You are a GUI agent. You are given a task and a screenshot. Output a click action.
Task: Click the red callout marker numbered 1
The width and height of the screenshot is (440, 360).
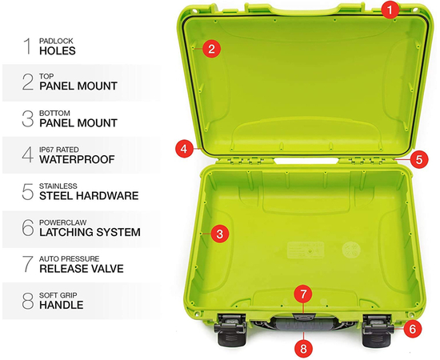[x=389, y=10]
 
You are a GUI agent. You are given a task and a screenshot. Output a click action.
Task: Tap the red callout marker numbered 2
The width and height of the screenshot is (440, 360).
[x=211, y=48]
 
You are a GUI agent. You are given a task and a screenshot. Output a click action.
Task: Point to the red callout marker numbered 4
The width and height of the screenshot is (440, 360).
[x=183, y=149]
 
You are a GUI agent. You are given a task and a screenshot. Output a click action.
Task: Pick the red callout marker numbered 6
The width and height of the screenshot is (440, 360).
[x=411, y=328]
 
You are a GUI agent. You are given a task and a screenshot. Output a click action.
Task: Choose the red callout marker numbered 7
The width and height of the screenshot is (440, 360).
[x=302, y=294]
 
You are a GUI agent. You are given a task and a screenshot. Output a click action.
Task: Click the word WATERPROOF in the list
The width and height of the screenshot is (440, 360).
[x=76, y=159]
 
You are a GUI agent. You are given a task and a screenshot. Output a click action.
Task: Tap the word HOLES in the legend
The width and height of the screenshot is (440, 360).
[x=56, y=50]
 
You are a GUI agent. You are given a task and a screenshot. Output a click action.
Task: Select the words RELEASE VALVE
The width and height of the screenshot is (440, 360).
[x=82, y=269]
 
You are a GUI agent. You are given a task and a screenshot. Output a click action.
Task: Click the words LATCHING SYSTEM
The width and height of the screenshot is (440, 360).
[x=90, y=233]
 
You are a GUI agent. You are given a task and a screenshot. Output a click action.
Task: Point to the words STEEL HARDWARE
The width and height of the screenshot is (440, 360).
[x=89, y=196]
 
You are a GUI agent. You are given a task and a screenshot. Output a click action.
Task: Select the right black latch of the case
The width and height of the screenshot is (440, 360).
[x=376, y=330]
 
